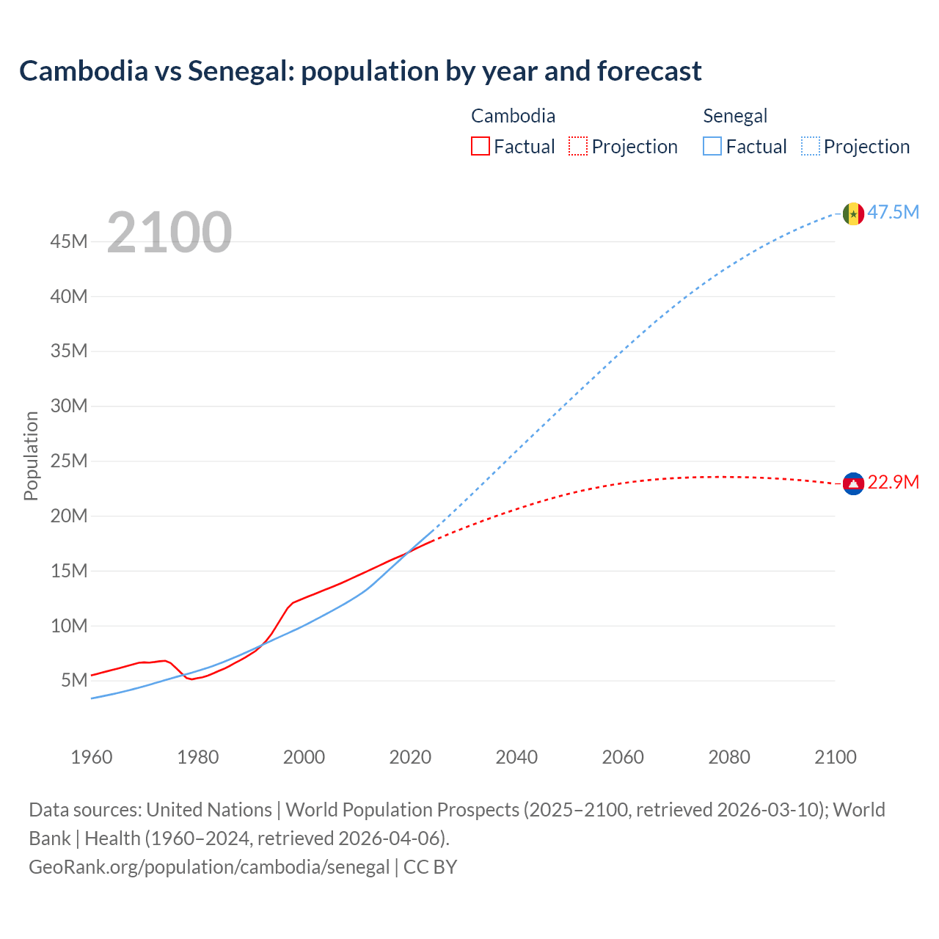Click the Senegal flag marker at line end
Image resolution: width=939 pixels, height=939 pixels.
853,213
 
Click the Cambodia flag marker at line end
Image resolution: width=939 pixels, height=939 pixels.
853,483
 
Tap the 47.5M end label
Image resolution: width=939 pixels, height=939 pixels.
893,213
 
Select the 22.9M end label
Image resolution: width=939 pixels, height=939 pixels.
893,483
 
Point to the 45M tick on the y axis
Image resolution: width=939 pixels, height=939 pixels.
69,241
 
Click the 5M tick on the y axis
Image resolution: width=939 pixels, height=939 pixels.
74,680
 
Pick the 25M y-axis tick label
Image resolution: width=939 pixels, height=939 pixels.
69,461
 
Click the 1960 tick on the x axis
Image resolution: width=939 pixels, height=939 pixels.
92,757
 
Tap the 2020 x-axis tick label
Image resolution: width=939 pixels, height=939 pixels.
410,757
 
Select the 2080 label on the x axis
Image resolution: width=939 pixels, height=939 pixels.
729,757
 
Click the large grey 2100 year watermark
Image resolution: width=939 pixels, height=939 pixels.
169,233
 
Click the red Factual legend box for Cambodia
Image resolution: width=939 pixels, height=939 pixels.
480,147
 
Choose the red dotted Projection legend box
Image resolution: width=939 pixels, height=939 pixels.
578,147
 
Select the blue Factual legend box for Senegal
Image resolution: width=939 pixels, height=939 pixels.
712,147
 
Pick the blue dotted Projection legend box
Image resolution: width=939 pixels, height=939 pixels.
811,147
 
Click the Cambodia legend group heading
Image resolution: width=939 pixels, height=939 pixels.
513,116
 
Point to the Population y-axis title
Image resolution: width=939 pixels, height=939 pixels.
31,456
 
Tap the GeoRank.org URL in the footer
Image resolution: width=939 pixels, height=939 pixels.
209,866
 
